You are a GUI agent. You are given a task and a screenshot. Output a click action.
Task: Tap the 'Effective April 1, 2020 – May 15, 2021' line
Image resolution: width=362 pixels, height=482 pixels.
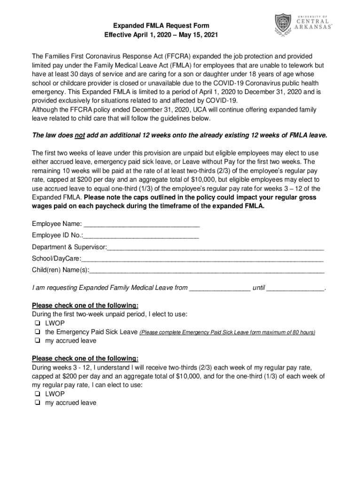click(161, 35)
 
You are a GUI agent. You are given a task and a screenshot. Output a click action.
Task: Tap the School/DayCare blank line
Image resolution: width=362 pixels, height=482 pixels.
click(203, 259)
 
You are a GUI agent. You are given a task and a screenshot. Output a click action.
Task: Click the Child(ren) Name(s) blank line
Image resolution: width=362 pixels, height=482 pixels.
click(207, 271)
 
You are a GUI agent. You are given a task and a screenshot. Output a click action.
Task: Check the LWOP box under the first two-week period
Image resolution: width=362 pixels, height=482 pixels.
click(36, 323)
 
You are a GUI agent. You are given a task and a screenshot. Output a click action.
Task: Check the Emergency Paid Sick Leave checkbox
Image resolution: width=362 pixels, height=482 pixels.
click(36, 332)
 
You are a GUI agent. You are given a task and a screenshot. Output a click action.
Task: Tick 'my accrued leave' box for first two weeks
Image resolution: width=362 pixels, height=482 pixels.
click(36, 341)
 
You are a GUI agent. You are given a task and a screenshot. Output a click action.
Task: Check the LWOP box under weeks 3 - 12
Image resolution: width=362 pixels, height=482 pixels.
click(36, 394)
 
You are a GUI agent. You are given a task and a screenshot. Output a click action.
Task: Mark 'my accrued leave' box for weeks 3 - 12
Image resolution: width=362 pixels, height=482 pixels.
click(36, 403)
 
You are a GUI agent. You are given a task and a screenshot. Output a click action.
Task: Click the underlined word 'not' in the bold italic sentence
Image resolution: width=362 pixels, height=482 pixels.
click(80, 135)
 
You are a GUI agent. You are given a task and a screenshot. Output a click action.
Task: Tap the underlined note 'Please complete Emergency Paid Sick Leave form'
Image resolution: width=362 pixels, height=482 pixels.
click(201, 333)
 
